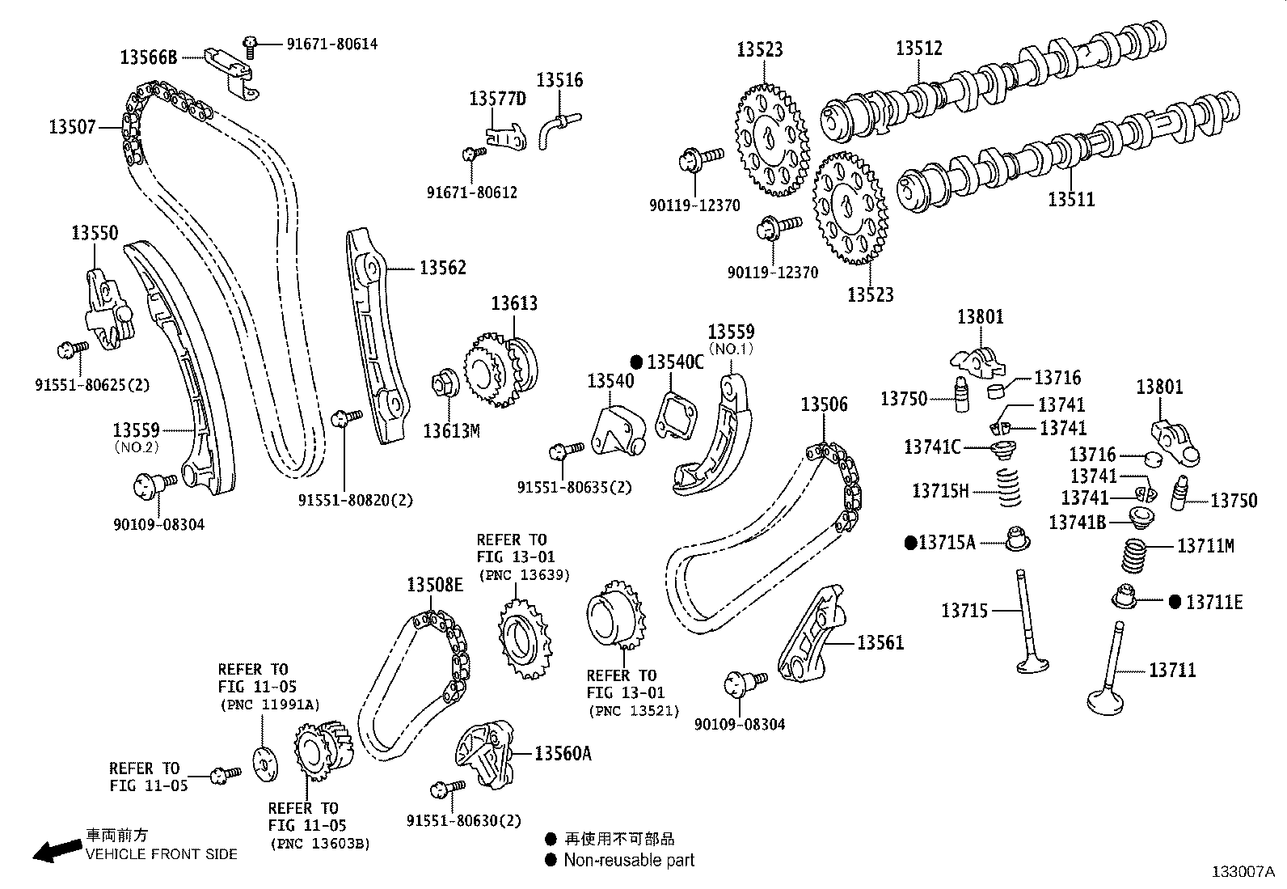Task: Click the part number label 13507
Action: tap(72, 126)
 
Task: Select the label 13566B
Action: tap(148, 57)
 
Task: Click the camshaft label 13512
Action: tap(918, 49)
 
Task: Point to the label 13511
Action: tap(1071, 199)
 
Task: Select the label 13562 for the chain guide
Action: tap(442, 268)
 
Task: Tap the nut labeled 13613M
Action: tap(444, 379)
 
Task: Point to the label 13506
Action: tap(824, 404)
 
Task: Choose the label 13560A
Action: tap(563, 754)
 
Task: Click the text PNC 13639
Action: tap(524, 575)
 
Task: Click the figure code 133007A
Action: tap(1243, 872)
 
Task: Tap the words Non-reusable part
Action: tap(629, 861)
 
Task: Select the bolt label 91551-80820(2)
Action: tap(361, 500)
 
